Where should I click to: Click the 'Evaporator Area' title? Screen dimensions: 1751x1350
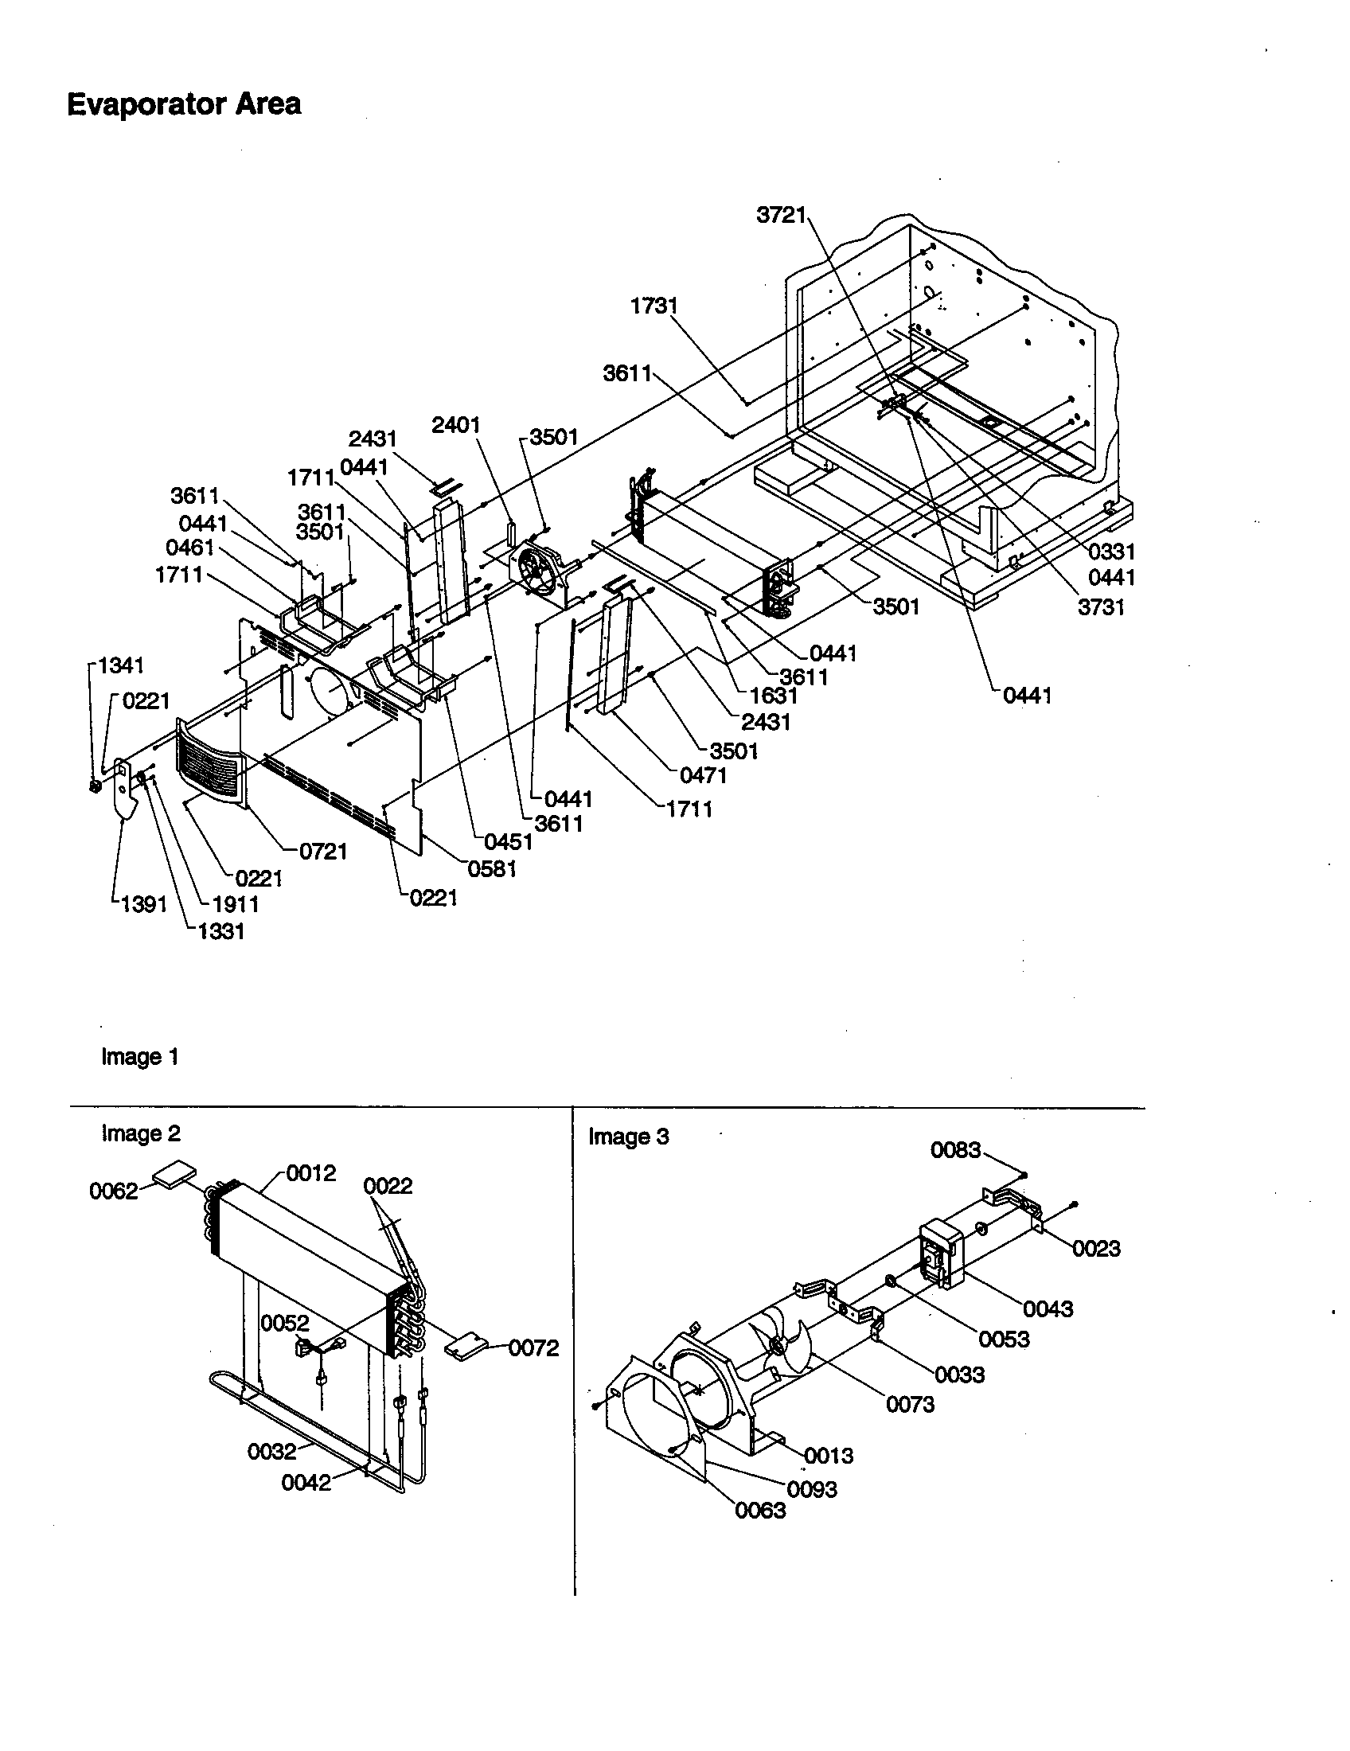tap(184, 104)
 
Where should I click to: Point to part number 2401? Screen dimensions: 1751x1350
tap(455, 425)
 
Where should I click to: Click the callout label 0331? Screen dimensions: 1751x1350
tap(1111, 552)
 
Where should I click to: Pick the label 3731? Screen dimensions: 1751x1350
tap(1101, 607)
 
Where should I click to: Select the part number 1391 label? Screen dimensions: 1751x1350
tap(143, 904)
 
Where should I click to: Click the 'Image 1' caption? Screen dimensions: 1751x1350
tap(139, 1057)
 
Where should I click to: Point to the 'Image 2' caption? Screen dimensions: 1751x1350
tap(140, 1133)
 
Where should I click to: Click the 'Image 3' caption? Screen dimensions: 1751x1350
tap(628, 1136)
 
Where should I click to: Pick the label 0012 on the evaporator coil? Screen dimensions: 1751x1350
tap(311, 1173)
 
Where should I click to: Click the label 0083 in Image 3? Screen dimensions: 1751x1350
tap(954, 1150)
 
